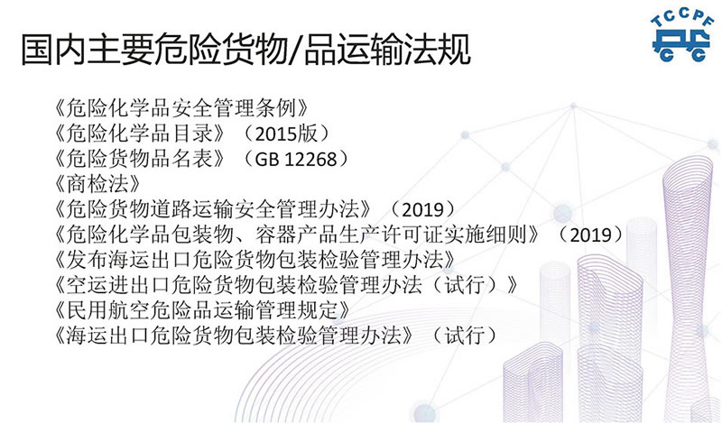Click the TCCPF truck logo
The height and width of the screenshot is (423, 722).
[x=682, y=36]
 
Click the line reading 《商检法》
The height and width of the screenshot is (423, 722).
[x=97, y=184]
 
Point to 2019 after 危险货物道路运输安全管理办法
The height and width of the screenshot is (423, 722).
[x=422, y=209]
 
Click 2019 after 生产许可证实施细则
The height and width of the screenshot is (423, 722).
[x=591, y=234]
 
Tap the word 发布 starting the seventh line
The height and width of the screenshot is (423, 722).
[x=87, y=260]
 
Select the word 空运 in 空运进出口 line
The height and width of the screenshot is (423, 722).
[x=87, y=285]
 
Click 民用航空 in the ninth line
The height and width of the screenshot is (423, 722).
[x=107, y=310]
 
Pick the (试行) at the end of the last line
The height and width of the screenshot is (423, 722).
[x=464, y=336]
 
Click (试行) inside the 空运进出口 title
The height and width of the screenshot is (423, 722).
[x=464, y=285]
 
